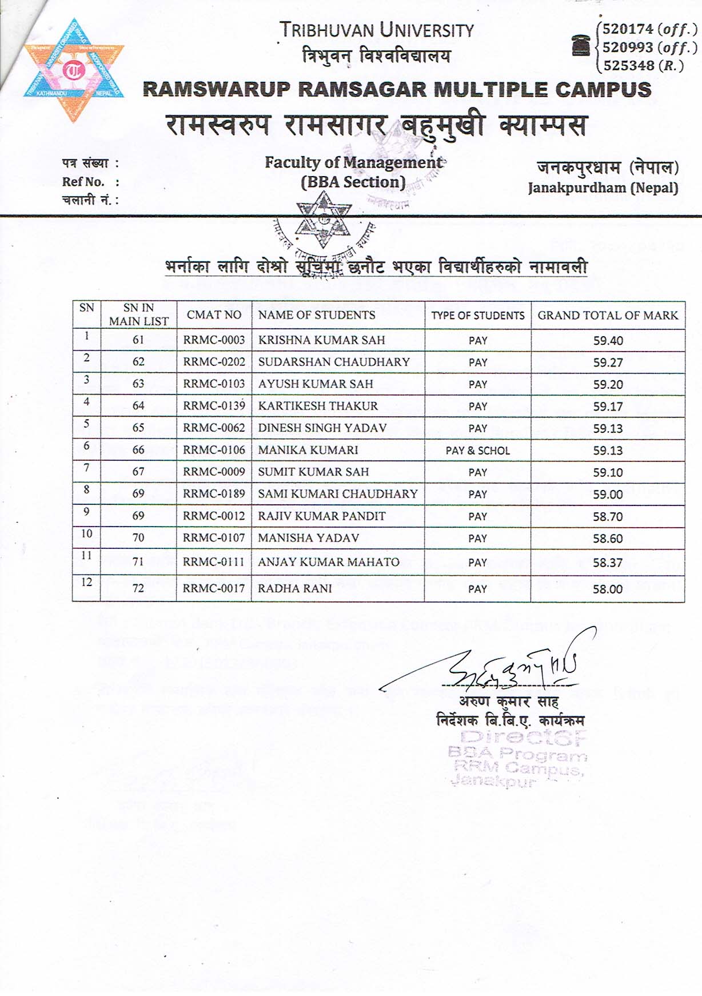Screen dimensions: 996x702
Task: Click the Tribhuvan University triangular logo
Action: coord(74,71)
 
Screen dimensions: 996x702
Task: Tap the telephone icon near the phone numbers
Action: coord(581,45)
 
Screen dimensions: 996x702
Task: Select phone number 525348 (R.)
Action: coord(644,66)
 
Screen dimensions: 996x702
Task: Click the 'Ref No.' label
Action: coord(83,182)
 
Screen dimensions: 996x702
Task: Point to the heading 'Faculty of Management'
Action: coord(353,162)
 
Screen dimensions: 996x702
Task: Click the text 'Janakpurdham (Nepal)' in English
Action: coord(603,188)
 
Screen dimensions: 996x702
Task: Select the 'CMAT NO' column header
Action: coord(214,315)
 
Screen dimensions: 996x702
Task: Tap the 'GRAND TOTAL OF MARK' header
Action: coord(608,315)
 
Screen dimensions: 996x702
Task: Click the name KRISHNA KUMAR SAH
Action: coord(321,340)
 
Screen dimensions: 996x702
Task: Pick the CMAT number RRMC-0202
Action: coord(214,362)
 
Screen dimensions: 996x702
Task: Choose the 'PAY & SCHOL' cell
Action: coord(477,451)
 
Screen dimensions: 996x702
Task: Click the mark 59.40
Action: coord(608,341)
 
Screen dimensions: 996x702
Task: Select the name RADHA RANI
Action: coord(294,588)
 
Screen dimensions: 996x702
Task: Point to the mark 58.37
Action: coord(608,563)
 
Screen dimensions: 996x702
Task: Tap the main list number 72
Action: coord(138,588)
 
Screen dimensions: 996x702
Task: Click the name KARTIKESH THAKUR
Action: coord(318,406)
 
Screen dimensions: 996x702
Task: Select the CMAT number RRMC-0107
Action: coord(214,538)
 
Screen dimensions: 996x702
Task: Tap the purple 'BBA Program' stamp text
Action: coord(517,755)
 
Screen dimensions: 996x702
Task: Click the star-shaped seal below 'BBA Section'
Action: coord(323,220)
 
